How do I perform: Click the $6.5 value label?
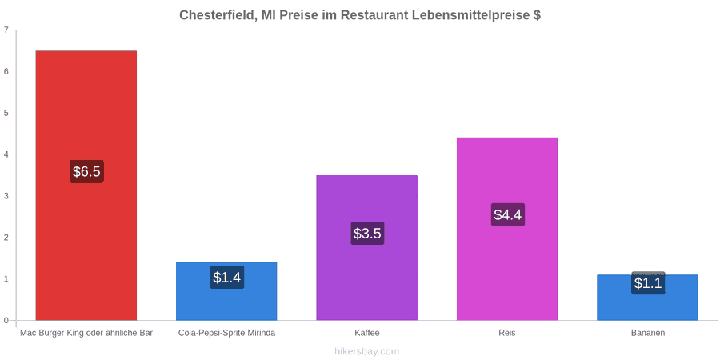86,172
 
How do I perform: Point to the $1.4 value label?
227,278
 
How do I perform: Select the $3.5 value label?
367,234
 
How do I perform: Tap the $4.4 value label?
508,214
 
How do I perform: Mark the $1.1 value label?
648,283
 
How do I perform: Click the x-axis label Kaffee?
367,333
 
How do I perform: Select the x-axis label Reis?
507,333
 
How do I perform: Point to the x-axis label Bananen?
647,333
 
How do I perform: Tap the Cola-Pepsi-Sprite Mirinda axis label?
227,333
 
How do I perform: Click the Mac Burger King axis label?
86,333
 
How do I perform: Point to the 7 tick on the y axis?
6,30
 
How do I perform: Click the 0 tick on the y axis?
6,320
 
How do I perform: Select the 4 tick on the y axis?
6,154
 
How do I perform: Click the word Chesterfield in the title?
217,15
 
